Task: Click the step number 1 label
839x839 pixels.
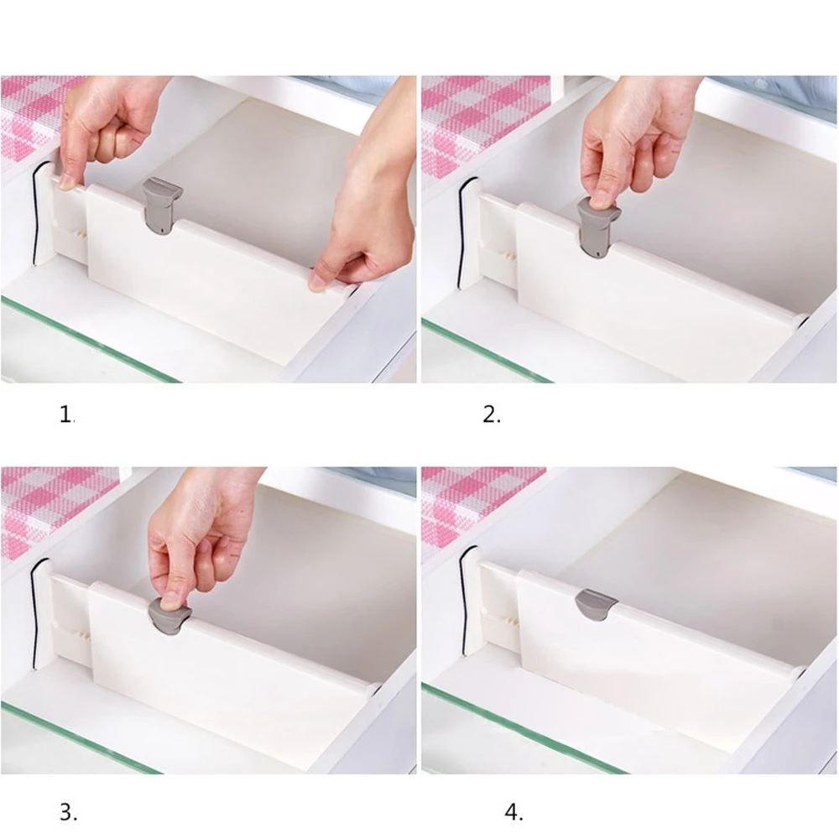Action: pos(67,414)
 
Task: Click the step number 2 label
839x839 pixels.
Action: pos(492,414)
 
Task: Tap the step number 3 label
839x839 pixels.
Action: pos(68,811)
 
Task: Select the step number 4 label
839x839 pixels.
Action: pos(513,811)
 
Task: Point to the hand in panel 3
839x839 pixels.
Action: pos(197,537)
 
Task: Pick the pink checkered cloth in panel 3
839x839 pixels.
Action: pos(46,503)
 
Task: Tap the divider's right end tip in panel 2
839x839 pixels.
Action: pos(802,320)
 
